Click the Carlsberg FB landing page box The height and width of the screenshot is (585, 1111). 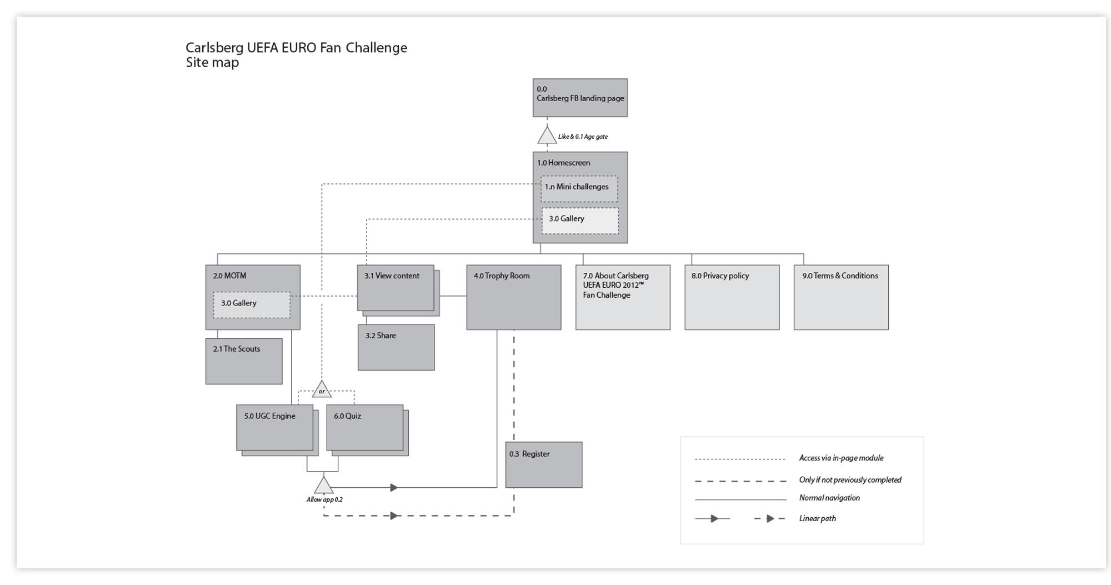pyautogui.click(x=580, y=98)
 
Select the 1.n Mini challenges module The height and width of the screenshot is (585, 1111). pyautogui.click(x=579, y=189)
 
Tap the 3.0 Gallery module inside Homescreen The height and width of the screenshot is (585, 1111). pyautogui.click(x=580, y=221)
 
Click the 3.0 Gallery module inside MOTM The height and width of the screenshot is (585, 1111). pyautogui.click(x=252, y=305)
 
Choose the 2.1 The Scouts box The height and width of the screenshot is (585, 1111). pyautogui.click(x=244, y=361)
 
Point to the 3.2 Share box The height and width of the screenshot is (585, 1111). pyautogui.click(x=396, y=347)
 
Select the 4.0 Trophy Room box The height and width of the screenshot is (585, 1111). pyautogui.click(x=513, y=297)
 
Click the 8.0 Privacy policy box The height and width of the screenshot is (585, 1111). pyautogui.click(x=732, y=297)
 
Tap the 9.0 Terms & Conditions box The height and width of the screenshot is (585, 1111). pyautogui.click(x=840, y=297)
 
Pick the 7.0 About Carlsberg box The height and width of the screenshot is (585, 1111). pyautogui.click(x=623, y=297)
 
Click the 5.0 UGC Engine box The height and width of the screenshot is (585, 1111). pyautogui.click(x=274, y=427)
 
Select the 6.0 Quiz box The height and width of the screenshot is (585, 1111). pyautogui.click(x=364, y=427)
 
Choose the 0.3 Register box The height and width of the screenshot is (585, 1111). pyautogui.click(x=543, y=465)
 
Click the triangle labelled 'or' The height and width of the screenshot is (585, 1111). pyautogui.click(x=322, y=390)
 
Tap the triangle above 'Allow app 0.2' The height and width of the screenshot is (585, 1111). pyautogui.click(x=323, y=486)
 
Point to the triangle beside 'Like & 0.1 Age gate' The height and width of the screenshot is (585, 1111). pyautogui.click(x=547, y=136)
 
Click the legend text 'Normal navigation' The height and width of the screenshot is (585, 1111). pyautogui.click(x=829, y=498)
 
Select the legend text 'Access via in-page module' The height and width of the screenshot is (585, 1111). pyautogui.click(x=841, y=458)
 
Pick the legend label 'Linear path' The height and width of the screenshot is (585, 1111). pyautogui.click(x=817, y=518)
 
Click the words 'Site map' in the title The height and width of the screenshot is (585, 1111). pyautogui.click(x=212, y=62)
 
